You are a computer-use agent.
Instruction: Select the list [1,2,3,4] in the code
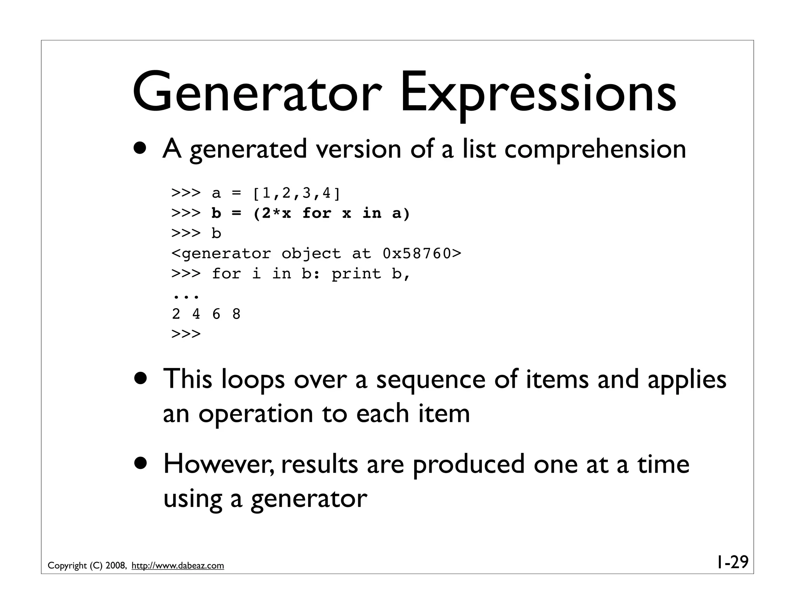(x=296, y=193)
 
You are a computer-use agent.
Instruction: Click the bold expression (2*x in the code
(x=272, y=213)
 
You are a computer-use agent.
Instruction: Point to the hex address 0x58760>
(x=422, y=253)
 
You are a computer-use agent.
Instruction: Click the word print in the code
(x=356, y=274)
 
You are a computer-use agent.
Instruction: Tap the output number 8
(x=236, y=314)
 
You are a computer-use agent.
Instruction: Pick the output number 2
(x=176, y=314)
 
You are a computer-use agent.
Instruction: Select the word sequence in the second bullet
(x=430, y=380)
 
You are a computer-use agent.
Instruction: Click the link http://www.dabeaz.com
(x=178, y=566)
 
